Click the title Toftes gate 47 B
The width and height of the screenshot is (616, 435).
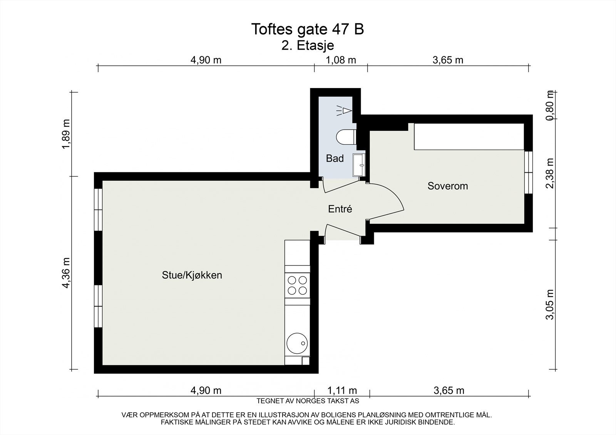tap(307, 29)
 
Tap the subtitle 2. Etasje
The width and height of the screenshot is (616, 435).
tap(308, 45)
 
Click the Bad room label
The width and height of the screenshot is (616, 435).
tap(335, 158)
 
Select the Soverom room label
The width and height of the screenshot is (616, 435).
tap(448, 186)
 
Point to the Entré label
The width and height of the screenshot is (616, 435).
tap(340, 209)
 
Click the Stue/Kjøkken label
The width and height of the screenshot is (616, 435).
tap(192, 275)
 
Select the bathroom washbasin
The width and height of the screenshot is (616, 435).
tap(359, 165)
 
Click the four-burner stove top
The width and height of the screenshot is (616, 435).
tap(297, 285)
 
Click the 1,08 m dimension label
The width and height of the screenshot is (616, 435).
tap(341, 60)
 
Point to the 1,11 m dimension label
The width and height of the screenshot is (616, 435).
tap(342, 391)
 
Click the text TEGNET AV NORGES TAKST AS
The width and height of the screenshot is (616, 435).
tap(308, 401)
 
